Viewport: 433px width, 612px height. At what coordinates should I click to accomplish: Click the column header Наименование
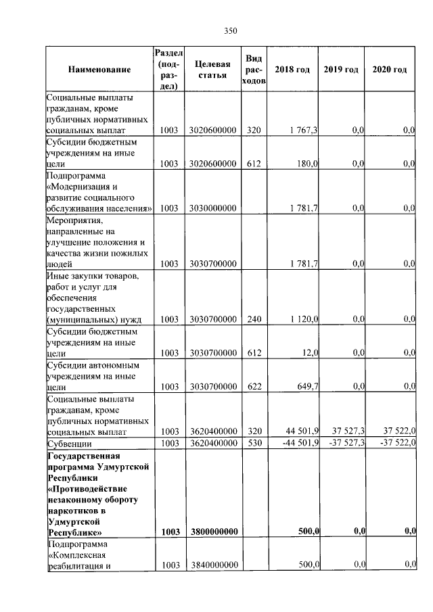pos(99,70)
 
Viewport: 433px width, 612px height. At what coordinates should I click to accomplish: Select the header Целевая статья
pos(210,70)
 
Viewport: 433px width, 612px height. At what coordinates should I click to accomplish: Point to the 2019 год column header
pos(341,70)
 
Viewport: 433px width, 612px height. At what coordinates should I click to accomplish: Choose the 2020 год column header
pos(390,70)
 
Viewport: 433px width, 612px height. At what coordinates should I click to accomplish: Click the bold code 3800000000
pos(213,532)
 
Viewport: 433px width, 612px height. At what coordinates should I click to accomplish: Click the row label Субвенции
pos(69,444)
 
